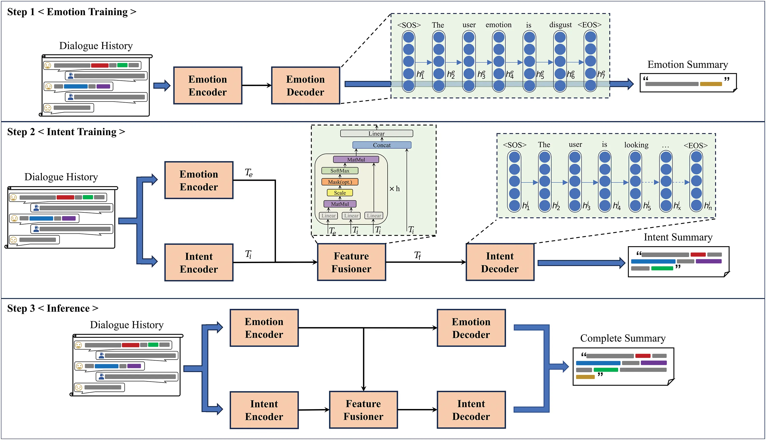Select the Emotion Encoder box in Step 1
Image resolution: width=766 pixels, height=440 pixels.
(x=208, y=85)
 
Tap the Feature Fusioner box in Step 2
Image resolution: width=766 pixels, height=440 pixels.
(x=351, y=262)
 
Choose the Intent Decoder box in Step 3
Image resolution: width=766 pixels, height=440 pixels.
(x=471, y=410)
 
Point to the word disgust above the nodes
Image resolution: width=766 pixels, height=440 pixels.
(x=560, y=25)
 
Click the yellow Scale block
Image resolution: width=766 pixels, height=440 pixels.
(x=340, y=193)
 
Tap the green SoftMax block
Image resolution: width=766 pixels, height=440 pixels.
(x=340, y=171)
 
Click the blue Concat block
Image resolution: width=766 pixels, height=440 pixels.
(x=382, y=145)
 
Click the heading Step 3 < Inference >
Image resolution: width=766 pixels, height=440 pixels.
(x=53, y=308)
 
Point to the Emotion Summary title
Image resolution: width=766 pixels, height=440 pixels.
(x=688, y=65)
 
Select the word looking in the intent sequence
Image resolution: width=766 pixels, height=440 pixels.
(x=636, y=145)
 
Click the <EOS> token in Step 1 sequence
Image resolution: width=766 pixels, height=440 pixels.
(x=589, y=25)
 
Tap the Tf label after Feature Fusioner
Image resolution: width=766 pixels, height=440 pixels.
(x=418, y=256)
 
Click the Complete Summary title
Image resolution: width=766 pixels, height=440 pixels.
(x=623, y=338)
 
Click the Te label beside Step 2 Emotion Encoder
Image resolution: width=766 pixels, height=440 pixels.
(x=248, y=173)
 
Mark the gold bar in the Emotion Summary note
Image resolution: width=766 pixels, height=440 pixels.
(x=711, y=84)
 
